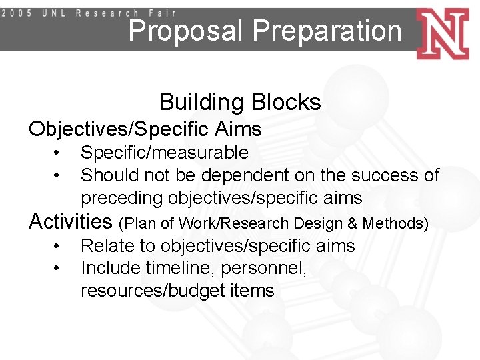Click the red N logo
pos(443,33)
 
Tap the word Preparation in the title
pos(327,31)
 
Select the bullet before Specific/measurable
pos(58,153)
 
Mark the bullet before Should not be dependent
pos(58,175)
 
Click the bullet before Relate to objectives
pos(58,246)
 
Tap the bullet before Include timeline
pos(58,268)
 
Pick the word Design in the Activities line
pos(317,223)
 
